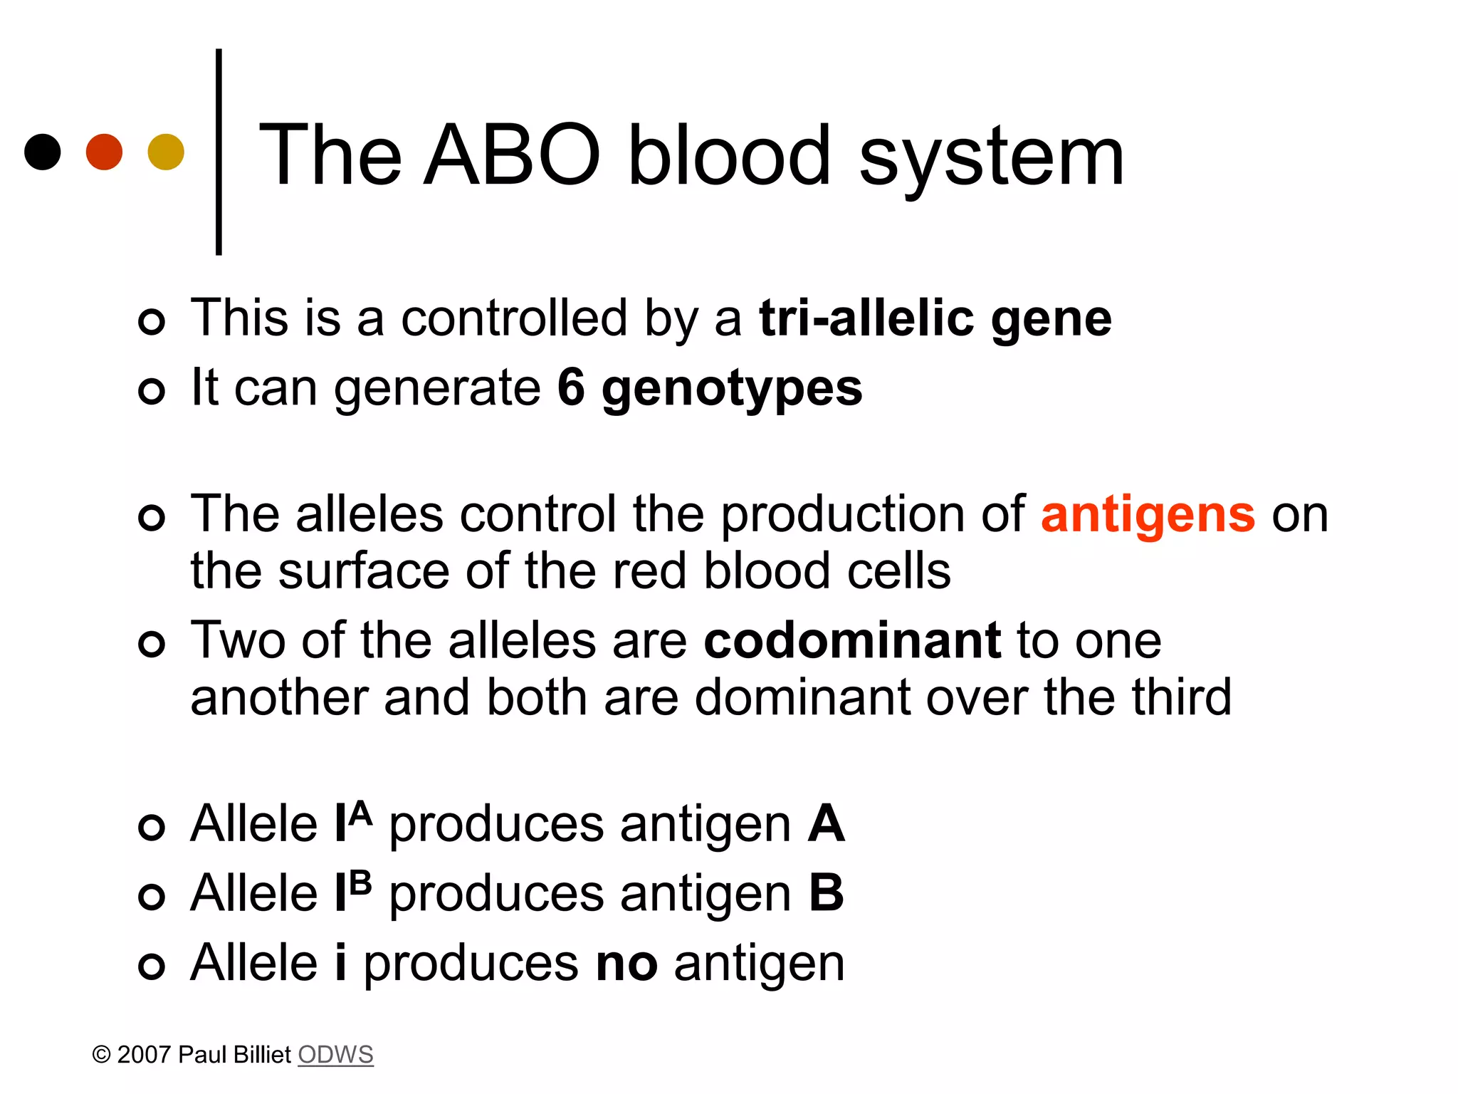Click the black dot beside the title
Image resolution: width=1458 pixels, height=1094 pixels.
coord(43,152)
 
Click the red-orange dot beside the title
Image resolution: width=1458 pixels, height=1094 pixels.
coord(104,152)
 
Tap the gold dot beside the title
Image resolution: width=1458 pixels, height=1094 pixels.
coord(166,152)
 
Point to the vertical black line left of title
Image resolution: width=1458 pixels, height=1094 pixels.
coord(219,152)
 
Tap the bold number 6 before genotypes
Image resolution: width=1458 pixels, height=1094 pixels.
coord(571,387)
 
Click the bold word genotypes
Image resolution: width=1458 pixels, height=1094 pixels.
coord(732,390)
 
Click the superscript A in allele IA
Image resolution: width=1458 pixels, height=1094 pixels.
coord(361,813)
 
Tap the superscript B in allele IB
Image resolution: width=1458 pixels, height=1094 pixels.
coord(361,882)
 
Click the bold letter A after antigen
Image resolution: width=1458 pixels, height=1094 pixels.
coord(826,823)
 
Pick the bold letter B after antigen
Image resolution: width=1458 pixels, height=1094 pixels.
coord(826,892)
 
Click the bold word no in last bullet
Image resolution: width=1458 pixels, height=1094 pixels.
coord(626,963)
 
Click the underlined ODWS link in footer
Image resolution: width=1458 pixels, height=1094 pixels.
coord(335,1054)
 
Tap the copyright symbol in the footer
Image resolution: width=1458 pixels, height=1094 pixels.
coord(102,1054)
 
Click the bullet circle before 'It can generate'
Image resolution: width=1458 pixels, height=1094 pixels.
coord(152,390)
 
